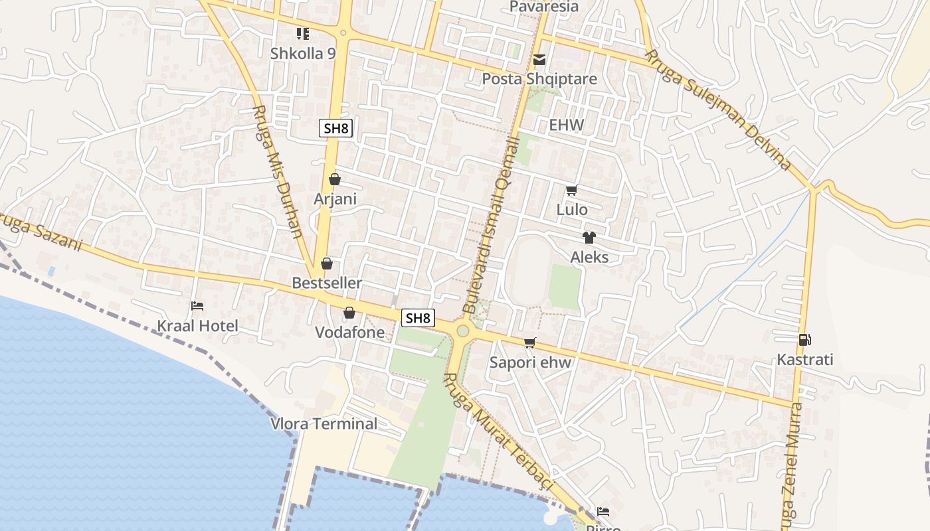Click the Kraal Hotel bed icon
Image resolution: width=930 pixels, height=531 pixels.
[197, 306]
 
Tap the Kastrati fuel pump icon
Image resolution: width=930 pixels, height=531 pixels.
[804, 340]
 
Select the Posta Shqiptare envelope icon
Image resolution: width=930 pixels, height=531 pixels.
[539, 60]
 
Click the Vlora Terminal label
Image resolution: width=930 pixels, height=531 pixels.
[324, 423]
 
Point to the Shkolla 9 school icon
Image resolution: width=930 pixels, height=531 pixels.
[303, 33]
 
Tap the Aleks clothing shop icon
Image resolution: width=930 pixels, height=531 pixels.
[589, 238]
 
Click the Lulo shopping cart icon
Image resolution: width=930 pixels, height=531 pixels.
[571, 190]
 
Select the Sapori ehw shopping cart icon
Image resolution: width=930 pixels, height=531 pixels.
[529, 342]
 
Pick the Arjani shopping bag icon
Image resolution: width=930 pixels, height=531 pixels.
[335, 179]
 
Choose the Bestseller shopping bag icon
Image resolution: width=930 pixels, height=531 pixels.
[327, 264]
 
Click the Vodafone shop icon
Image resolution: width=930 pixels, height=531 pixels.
[349, 313]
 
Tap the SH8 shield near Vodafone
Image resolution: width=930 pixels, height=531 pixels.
[418, 318]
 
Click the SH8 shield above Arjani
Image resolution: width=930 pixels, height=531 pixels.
[335, 128]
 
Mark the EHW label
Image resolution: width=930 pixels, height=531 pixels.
[566, 125]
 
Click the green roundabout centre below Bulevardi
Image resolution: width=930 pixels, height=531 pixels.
[462, 331]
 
